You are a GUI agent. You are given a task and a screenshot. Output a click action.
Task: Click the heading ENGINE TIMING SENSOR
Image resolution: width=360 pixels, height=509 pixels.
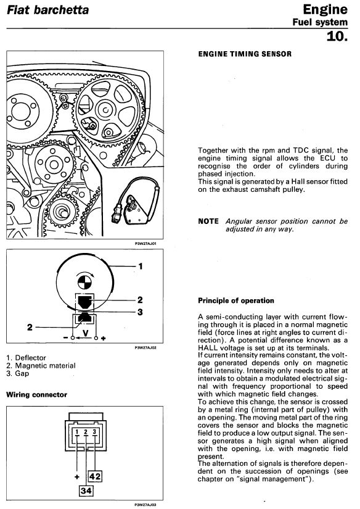point(245,54)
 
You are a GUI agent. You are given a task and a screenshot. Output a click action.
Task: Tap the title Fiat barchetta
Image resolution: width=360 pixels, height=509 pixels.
point(47,10)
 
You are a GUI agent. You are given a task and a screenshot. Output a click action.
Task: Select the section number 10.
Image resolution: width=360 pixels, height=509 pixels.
point(337,36)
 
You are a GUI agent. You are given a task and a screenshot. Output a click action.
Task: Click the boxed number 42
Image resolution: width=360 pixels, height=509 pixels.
point(95,476)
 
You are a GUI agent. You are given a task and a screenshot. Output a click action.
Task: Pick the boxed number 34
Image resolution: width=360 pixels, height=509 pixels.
point(86,490)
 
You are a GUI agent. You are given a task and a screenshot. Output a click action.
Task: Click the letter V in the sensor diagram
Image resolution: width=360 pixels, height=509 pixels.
point(86,333)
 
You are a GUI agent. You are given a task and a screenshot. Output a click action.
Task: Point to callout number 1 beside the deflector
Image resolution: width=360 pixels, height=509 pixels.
point(141,266)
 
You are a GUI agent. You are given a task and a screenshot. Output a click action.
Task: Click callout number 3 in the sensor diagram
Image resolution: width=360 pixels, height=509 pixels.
point(140,312)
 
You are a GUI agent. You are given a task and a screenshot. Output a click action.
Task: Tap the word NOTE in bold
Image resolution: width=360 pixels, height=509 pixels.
point(208,221)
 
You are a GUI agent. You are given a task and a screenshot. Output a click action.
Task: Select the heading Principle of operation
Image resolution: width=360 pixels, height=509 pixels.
point(236,300)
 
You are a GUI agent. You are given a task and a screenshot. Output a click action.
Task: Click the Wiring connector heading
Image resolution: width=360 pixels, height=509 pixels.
point(36,395)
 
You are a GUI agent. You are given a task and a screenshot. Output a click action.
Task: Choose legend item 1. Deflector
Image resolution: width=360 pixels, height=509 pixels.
point(26,358)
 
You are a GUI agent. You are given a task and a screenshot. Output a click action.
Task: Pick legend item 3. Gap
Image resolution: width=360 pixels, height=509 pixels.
point(17,373)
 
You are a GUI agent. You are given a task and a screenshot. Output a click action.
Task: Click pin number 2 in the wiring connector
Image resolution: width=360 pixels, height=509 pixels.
point(86,432)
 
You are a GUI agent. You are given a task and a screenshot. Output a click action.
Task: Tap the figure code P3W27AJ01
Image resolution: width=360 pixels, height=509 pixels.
point(145,243)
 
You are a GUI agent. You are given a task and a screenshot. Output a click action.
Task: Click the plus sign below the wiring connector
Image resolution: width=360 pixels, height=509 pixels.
point(77,476)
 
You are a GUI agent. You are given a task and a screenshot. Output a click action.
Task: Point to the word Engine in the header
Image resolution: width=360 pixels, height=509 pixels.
point(325,10)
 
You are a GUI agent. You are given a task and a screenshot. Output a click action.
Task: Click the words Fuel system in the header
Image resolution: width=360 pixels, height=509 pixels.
point(320,22)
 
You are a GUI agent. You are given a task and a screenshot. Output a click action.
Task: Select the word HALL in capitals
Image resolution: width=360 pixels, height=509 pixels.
point(208,348)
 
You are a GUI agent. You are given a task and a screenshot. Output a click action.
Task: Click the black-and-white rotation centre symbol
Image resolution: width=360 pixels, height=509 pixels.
point(84,281)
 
